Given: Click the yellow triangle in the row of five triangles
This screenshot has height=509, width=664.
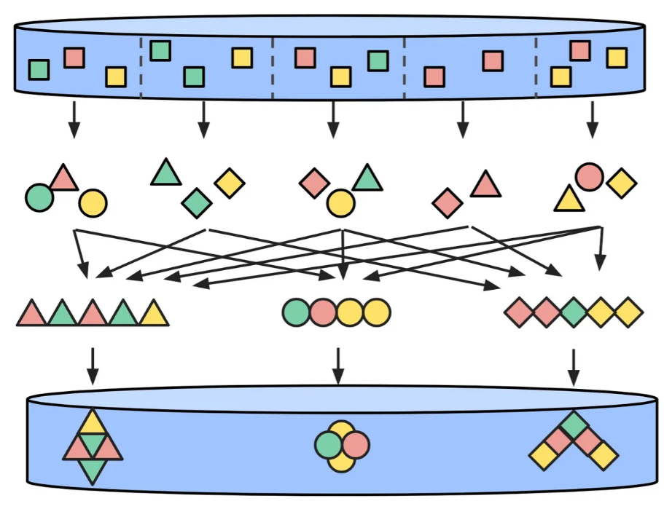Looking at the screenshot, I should point(154,314).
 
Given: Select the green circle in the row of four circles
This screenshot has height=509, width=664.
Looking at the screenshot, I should point(296,312).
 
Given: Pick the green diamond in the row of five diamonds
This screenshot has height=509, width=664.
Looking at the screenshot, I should point(574,312).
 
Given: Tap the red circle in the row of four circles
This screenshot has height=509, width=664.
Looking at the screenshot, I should point(322,312).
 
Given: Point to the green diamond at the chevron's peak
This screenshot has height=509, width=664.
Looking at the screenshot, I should point(574,425).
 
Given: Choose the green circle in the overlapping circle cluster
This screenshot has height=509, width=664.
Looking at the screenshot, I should point(329,444).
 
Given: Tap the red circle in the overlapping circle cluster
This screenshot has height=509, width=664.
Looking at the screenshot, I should point(356,443).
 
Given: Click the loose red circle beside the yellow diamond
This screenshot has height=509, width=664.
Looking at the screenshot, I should point(589,176).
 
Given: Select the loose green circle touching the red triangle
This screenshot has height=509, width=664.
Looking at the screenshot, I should point(39,197).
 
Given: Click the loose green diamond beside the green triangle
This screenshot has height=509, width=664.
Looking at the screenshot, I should point(196,202).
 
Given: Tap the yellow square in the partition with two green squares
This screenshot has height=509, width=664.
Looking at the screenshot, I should point(242,58).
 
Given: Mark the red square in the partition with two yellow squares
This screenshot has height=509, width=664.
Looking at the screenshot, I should point(580,51).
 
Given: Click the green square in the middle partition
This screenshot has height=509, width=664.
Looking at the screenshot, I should point(378,60).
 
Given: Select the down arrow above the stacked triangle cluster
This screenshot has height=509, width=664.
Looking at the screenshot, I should point(92,366).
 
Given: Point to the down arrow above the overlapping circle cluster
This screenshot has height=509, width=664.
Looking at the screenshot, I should point(337,366).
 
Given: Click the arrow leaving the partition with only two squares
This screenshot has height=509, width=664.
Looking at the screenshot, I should point(461,119).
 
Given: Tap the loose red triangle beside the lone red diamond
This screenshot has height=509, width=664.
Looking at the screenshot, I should point(485,185).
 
